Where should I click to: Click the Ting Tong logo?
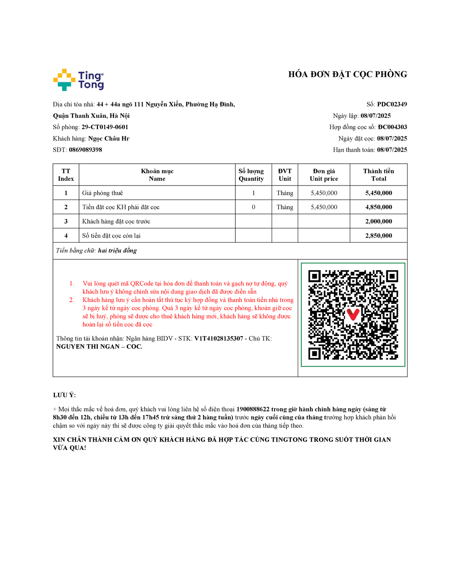79,80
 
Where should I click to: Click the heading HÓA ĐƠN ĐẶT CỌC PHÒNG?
347,75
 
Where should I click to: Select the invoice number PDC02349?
392,104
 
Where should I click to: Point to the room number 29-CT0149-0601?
105,127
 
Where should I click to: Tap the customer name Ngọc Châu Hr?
108,139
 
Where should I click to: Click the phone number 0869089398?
86,150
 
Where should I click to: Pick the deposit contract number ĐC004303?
392,127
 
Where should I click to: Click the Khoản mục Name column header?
157,175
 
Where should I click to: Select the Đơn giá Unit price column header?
324,175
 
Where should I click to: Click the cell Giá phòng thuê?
103,193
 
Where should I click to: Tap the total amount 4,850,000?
379,207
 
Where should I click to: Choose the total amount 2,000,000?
379,222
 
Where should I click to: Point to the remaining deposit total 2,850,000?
379,236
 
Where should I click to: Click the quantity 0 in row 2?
253,207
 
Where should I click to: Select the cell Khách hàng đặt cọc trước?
116,222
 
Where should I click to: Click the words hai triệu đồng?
117,251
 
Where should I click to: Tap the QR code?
353,315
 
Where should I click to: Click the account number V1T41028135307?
218,339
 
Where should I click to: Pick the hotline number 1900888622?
253,409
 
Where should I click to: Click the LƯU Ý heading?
64,395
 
